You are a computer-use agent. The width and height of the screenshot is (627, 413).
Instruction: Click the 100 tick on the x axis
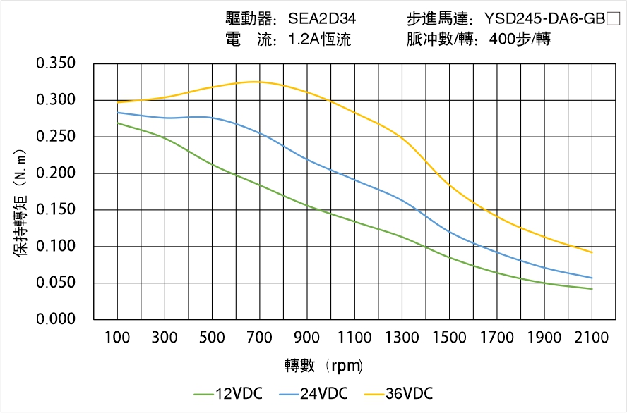pos(118,338)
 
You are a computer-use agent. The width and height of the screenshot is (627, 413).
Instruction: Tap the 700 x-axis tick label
pos(260,338)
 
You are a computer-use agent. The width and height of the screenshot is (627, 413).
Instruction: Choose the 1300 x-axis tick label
pos(402,338)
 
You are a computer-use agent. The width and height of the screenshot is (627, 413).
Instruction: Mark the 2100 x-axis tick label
pos(592,338)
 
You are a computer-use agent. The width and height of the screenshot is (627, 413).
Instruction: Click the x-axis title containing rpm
pos(323,366)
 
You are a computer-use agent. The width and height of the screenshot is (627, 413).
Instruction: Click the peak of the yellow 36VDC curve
pos(256,82)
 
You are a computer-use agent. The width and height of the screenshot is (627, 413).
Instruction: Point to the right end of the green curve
pos(592,289)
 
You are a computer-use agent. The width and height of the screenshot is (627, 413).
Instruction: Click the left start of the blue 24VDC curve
pos(118,113)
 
